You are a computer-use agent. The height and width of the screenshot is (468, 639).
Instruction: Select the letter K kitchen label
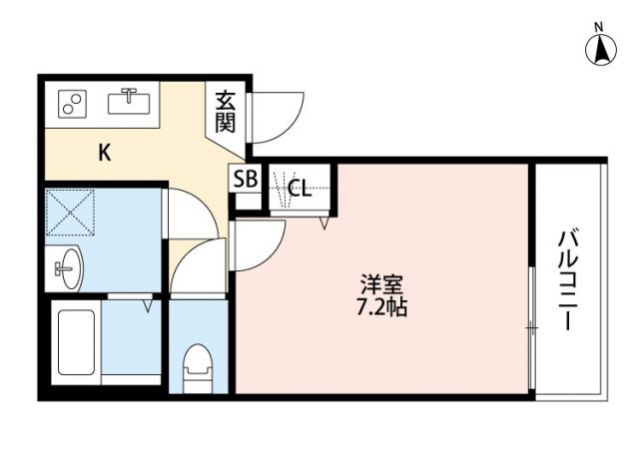[104, 153]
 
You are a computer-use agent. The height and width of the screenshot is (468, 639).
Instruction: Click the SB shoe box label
[246, 181]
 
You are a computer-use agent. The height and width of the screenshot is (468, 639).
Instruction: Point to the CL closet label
[299, 187]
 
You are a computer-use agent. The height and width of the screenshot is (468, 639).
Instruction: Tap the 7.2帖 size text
[379, 306]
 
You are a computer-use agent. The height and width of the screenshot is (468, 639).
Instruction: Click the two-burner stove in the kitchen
[72, 103]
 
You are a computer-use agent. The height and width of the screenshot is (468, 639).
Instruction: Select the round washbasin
[68, 266]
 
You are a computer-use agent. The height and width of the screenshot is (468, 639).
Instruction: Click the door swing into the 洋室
[258, 242]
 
